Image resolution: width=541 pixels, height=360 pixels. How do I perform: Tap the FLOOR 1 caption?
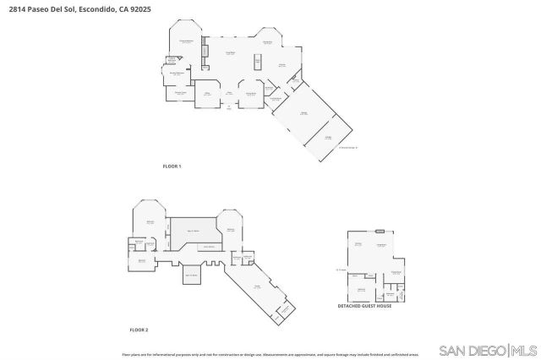coord(172,166)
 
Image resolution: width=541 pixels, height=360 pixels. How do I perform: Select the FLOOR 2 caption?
coord(139,329)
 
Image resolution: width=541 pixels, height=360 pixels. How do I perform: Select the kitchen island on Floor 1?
coord(257,61)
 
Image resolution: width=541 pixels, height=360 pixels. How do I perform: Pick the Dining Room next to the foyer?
coord(250,94)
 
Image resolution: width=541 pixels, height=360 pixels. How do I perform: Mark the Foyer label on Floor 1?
coord(228,93)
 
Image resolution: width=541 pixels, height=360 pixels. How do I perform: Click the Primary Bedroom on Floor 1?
coord(188,43)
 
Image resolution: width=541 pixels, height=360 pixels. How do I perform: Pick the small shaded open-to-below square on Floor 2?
coord(191,275)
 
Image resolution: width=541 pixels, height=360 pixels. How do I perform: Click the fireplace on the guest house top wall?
coord(380,230)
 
